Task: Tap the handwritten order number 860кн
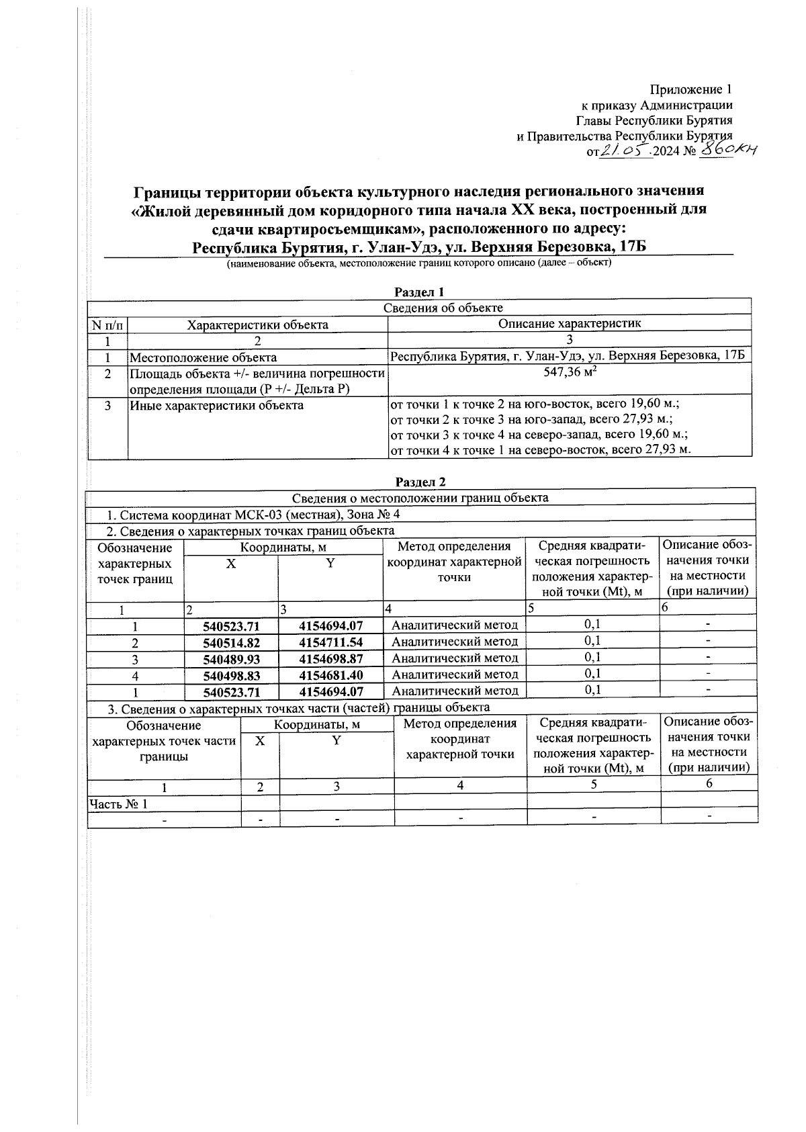point(727,151)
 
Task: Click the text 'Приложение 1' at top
point(690,89)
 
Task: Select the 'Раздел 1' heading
point(420,292)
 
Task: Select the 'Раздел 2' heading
point(420,482)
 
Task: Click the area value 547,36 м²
point(570,374)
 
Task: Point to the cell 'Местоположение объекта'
point(203,358)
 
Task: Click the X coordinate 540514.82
point(231,642)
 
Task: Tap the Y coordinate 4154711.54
point(330,642)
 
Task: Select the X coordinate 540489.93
point(231,659)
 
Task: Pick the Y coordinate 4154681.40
point(330,675)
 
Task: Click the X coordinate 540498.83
point(231,675)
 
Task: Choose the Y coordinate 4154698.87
point(330,659)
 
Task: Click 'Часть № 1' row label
point(118,804)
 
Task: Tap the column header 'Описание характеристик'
point(570,324)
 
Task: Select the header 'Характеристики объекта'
point(257,325)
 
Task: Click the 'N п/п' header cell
point(107,325)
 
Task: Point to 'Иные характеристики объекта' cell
point(216,406)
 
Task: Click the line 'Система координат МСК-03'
point(255,515)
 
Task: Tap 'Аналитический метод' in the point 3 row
point(455,658)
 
